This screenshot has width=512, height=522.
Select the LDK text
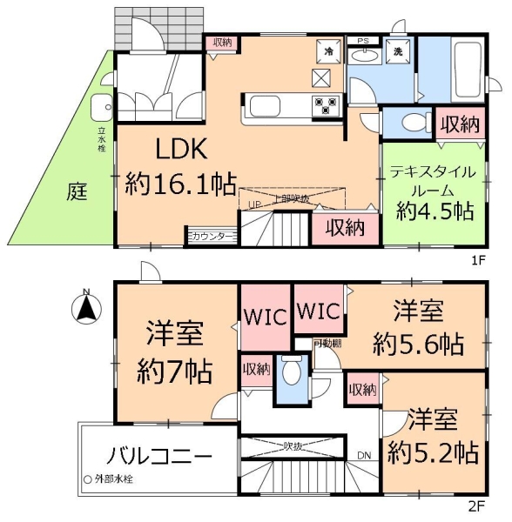tap(181, 151)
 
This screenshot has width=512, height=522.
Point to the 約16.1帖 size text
tap(180, 184)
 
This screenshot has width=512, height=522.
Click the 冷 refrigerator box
tap(330, 51)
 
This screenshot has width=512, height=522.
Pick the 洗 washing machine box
tap(396, 51)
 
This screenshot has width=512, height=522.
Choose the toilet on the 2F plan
tap(291, 376)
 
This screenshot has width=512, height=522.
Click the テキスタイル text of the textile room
tap(431, 171)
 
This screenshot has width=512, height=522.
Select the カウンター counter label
tap(212, 236)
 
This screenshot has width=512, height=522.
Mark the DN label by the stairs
tap(364, 454)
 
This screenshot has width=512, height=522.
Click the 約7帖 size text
tap(175, 372)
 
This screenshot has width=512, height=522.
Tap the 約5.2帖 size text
tap(432, 452)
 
